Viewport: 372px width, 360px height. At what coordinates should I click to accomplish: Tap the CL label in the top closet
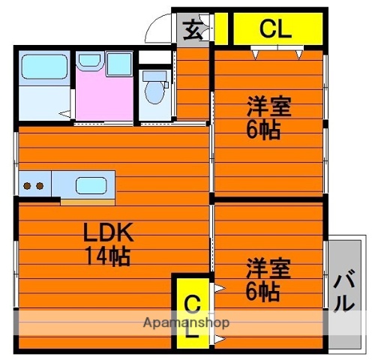click(276, 29)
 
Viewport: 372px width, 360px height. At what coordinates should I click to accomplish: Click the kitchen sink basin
click(90, 184)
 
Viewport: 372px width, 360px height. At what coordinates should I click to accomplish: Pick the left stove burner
click(26, 184)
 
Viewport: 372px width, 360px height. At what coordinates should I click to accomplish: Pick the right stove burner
click(38, 184)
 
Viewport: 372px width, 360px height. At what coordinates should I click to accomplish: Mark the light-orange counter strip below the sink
click(87, 200)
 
